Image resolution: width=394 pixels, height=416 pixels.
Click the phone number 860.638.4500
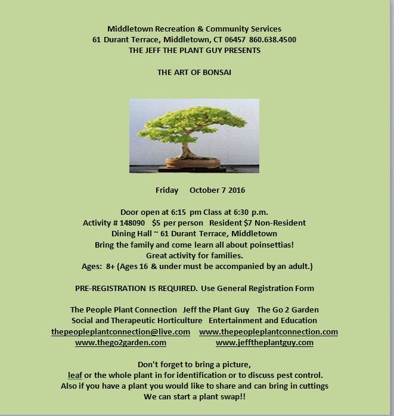[x=273, y=40]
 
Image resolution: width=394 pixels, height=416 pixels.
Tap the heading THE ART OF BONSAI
[x=194, y=72]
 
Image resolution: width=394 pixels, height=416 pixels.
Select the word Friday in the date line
[x=167, y=190]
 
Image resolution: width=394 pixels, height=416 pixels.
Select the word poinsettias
[x=271, y=245]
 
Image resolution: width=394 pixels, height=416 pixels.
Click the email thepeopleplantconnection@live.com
[x=120, y=332]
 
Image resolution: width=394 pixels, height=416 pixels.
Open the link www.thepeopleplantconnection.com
[x=268, y=332]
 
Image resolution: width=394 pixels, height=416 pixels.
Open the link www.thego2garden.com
[x=120, y=343]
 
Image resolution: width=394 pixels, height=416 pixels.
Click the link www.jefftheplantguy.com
[x=264, y=343]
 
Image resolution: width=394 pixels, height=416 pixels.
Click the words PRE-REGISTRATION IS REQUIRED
[x=136, y=288]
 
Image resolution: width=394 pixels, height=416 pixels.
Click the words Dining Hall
[x=130, y=234]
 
